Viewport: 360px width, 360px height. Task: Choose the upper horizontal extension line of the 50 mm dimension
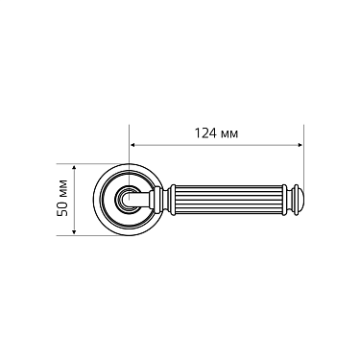(96, 160)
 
